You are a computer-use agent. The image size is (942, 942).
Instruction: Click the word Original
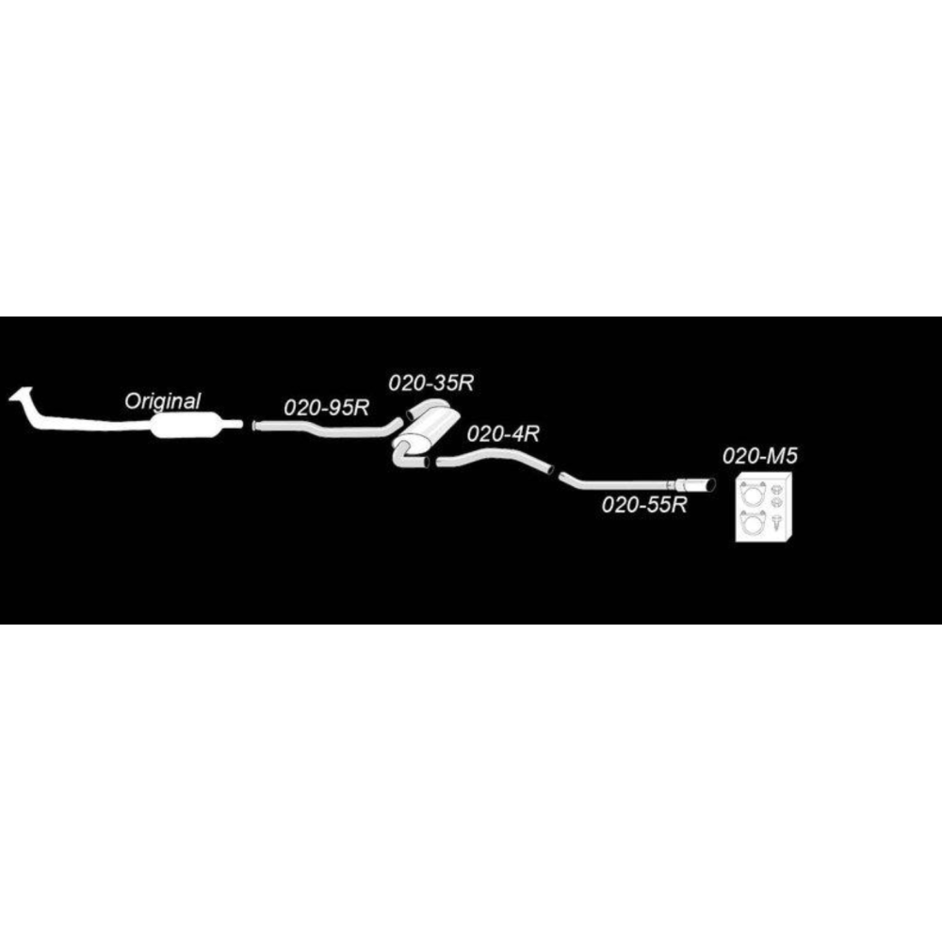pyautogui.click(x=162, y=401)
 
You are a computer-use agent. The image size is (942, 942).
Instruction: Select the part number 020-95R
pyautogui.click(x=326, y=408)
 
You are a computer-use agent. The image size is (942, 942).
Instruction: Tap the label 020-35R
pyautogui.click(x=430, y=383)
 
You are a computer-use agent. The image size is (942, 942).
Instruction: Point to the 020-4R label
pyautogui.click(x=503, y=433)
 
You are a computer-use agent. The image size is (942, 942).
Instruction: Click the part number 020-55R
pyautogui.click(x=644, y=505)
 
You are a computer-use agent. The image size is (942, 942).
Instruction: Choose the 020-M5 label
pyautogui.click(x=760, y=457)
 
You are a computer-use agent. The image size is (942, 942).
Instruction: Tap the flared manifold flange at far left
pyautogui.click(x=21, y=396)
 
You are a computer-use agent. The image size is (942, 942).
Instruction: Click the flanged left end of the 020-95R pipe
pyautogui.click(x=254, y=426)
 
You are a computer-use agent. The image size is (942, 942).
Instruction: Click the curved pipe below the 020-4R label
pyautogui.click(x=494, y=460)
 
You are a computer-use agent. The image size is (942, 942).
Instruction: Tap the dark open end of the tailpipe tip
pyautogui.click(x=711, y=485)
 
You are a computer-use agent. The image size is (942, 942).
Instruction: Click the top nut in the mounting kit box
pyautogui.click(x=775, y=488)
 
